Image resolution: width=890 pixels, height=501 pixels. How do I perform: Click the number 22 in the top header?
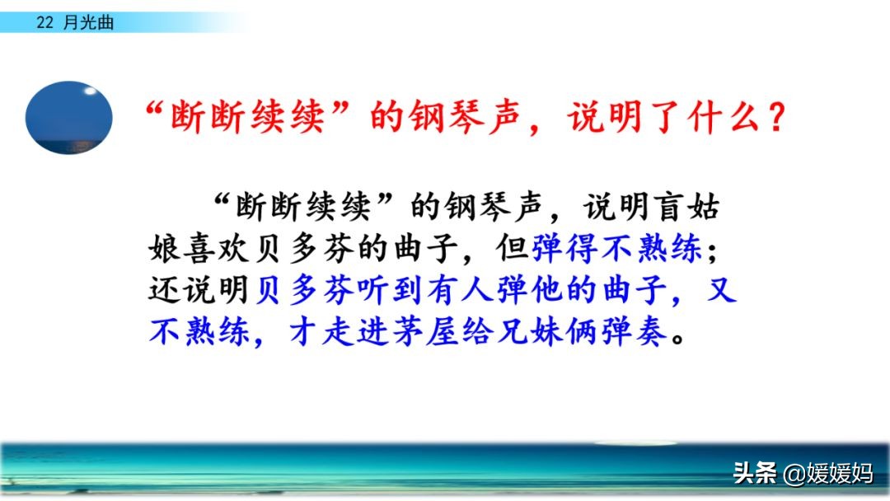(44, 23)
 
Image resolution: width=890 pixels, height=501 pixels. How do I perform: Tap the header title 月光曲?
(88, 23)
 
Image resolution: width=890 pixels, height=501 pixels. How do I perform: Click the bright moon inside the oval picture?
(90, 91)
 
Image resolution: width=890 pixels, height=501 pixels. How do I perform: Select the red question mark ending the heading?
(775, 118)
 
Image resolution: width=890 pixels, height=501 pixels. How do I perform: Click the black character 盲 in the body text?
(668, 207)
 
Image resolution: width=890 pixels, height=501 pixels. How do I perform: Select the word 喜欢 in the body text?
(217, 249)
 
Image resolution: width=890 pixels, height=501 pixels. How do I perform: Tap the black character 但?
(513, 249)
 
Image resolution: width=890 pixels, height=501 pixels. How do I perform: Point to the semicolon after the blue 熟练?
(712, 250)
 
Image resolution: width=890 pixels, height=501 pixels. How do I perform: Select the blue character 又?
(722, 289)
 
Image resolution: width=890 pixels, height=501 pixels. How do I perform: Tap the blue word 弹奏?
(635, 331)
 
